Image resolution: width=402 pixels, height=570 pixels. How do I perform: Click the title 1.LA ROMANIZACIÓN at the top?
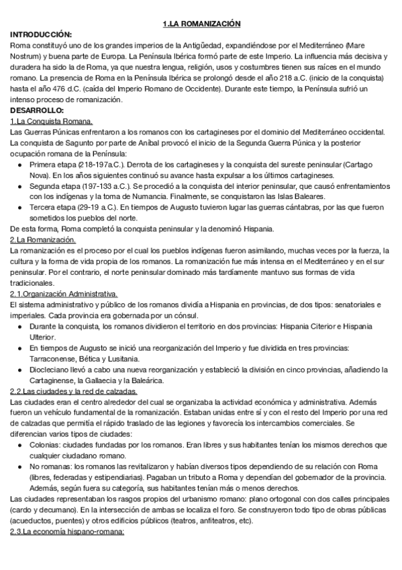pos(201,24)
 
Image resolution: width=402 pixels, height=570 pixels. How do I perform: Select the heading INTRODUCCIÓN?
pos(41,34)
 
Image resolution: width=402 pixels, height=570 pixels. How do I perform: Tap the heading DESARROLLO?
pos(37,110)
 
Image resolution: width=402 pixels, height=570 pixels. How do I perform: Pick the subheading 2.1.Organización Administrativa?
pos(64,294)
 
